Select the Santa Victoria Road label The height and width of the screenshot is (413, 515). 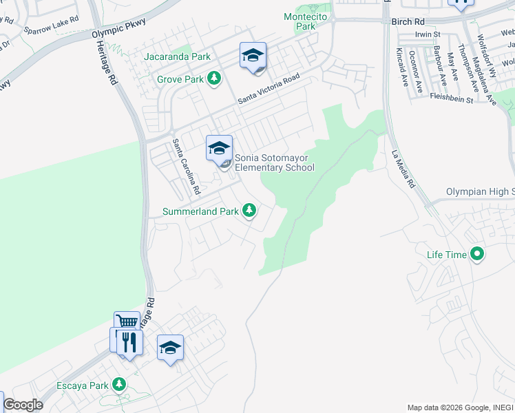(269, 89)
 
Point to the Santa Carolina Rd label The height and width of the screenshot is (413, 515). (186, 166)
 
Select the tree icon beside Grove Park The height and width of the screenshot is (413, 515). (215, 78)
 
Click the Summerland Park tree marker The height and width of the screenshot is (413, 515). (249, 211)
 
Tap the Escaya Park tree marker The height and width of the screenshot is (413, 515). (120, 383)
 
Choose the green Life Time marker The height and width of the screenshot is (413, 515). (477, 255)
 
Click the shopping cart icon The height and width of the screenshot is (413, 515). (127, 322)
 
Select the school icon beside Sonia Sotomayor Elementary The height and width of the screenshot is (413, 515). (219, 147)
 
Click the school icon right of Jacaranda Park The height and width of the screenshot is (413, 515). (253, 55)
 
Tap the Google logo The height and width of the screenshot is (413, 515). (23, 405)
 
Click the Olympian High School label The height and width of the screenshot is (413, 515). (480, 191)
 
